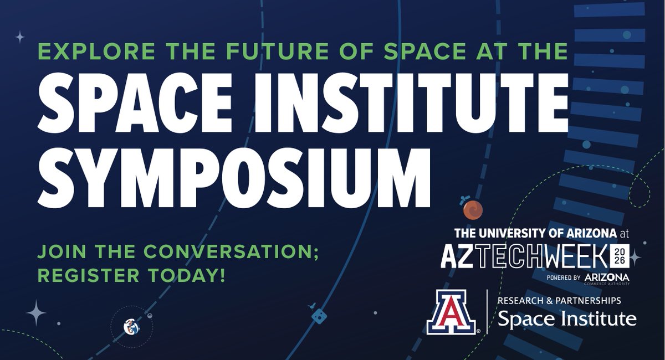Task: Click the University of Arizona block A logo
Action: click(x=452, y=313)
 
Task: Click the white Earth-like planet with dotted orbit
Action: click(x=131, y=327)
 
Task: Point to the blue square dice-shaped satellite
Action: click(x=319, y=315)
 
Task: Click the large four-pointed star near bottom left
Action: click(x=37, y=313)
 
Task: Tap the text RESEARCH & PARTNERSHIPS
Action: click(x=559, y=301)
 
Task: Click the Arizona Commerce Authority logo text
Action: click(x=606, y=279)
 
